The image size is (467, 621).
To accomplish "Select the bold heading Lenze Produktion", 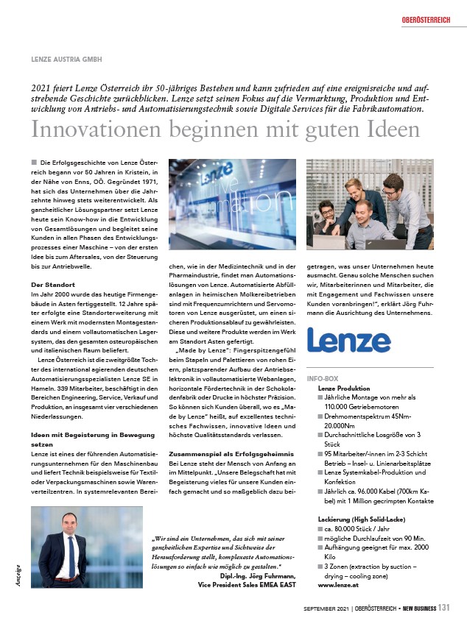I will (x=343, y=387).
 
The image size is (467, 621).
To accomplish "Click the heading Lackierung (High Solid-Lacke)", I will (x=355, y=519).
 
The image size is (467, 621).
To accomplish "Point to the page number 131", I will (x=443, y=608).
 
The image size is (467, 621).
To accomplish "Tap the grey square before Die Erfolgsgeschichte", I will (x=35, y=161).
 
